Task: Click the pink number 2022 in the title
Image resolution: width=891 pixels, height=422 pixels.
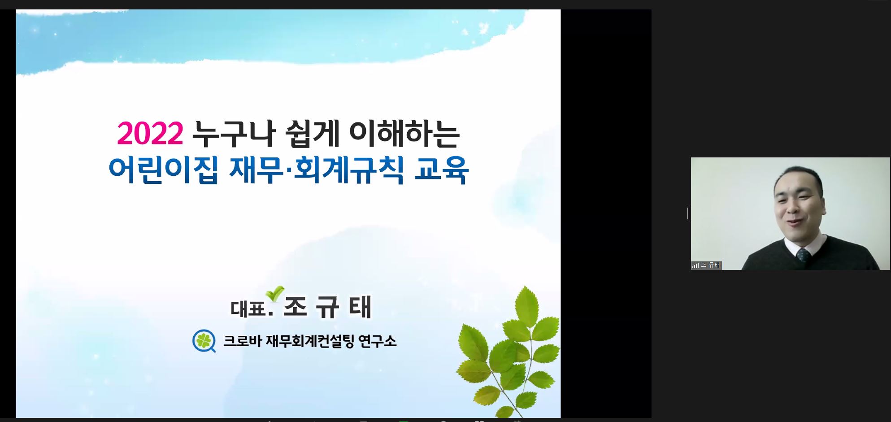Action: [x=150, y=134]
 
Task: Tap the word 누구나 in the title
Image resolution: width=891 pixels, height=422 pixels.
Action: [x=234, y=134]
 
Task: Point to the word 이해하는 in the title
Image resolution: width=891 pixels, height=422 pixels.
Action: [x=404, y=134]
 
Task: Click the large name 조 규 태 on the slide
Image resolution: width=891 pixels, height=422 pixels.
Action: [x=328, y=307]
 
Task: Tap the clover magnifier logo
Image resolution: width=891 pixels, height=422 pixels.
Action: [x=204, y=341]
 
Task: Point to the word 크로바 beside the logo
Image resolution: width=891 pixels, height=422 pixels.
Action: [x=242, y=341]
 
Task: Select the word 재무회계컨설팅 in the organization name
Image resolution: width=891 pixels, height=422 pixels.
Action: [x=310, y=341]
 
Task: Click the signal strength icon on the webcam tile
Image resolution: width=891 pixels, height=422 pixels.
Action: [x=695, y=265]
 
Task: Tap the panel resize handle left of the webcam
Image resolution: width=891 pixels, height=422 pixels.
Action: [x=688, y=213]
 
